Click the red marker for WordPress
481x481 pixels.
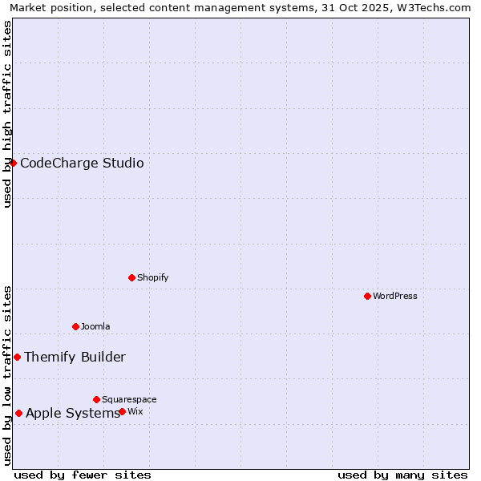tap(367, 296)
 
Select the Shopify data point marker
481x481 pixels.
tap(131, 277)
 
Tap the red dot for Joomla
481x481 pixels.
tap(75, 326)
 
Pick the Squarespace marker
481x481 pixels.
tap(96, 399)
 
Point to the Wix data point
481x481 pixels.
tap(122, 411)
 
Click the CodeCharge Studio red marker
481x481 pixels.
tap(13, 163)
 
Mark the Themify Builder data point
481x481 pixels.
tap(17, 357)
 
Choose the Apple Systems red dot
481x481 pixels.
tap(18, 413)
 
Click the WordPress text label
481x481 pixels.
tap(395, 296)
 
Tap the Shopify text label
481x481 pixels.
tap(153, 277)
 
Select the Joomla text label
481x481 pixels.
tap(95, 326)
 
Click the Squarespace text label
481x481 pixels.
tap(129, 399)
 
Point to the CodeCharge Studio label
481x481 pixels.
tap(82, 164)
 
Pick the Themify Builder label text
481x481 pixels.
tap(75, 358)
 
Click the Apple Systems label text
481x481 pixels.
tap(72, 414)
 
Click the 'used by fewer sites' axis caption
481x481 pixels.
tap(83, 475)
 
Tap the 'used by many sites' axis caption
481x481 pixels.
tap(402, 475)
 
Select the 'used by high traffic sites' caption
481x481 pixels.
tap(8, 114)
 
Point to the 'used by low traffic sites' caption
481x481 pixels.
tap(8, 375)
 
